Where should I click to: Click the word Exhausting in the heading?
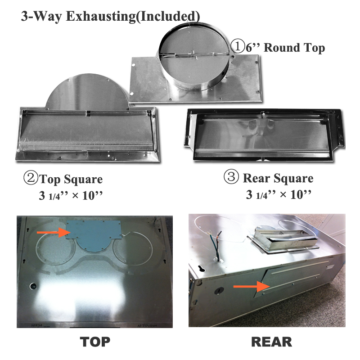(x=100, y=17)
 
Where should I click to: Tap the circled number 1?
(x=238, y=46)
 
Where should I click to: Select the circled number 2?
(x=31, y=178)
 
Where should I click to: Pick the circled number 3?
(x=231, y=176)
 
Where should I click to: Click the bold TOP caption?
(x=95, y=342)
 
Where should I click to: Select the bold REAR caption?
(x=272, y=342)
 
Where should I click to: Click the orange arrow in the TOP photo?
(x=53, y=232)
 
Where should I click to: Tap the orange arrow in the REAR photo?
(x=252, y=286)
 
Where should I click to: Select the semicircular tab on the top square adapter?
(x=87, y=91)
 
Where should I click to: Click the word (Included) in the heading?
(x=168, y=17)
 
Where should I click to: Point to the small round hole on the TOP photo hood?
(x=33, y=286)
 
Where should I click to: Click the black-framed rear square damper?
(x=265, y=135)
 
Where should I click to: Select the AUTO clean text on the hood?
(x=147, y=325)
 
